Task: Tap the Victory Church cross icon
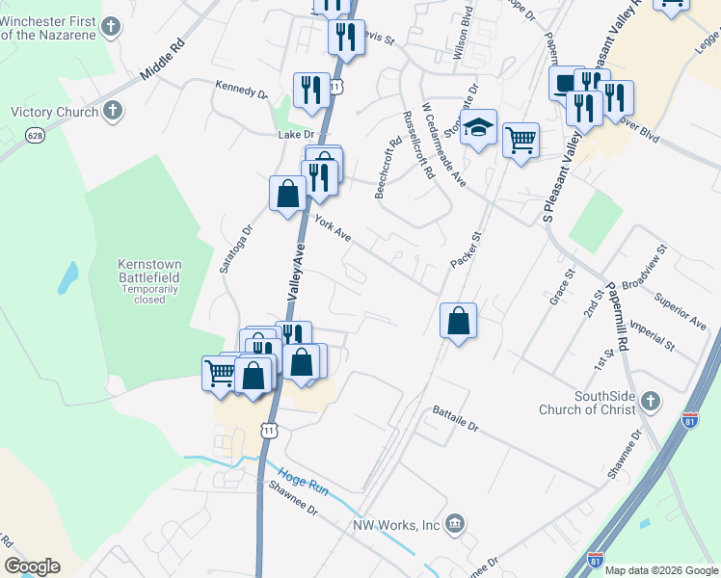click(x=112, y=111)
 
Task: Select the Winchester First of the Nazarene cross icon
click(x=112, y=26)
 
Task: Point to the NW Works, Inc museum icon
click(x=456, y=524)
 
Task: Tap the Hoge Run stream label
click(x=304, y=482)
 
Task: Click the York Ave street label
click(x=333, y=228)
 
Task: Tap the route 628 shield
click(x=36, y=136)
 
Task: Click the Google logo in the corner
click(x=32, y=566)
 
